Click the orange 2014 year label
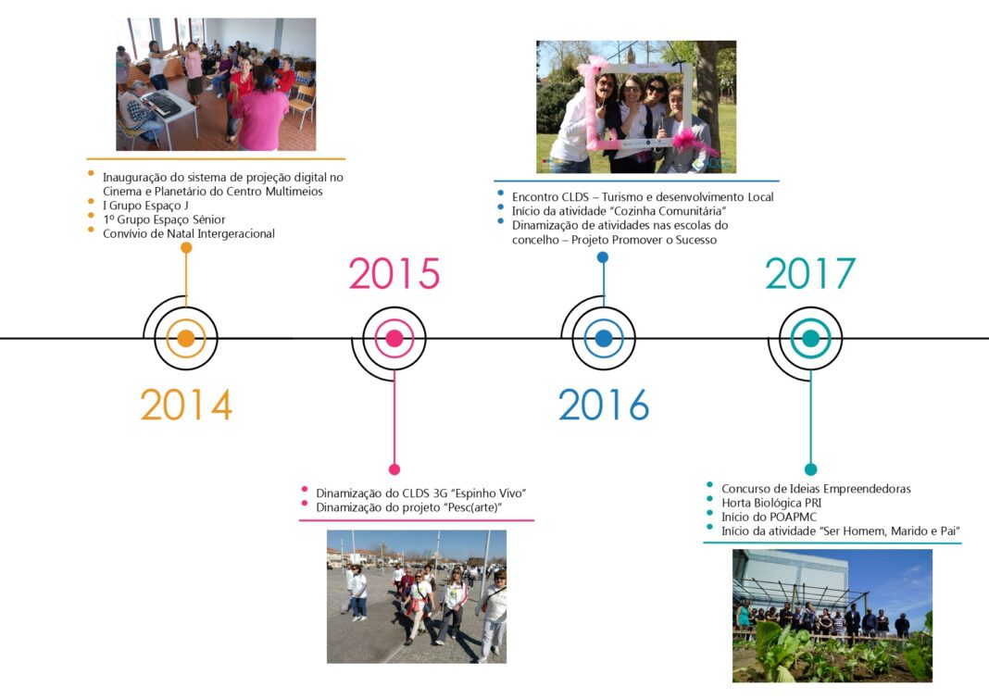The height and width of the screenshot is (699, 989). (x=186, y=405)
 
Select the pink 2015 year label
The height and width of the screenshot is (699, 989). (x=394, y=274)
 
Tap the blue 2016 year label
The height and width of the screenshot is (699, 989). (x=604, y=405)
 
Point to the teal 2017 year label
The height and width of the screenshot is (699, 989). (x=810, y=273)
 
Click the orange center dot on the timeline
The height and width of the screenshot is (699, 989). (x=186, y=339)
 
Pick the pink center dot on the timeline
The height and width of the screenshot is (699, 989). (x=394, y=339)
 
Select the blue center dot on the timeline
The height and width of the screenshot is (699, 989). (x=604, y=339)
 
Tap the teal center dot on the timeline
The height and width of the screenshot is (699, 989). (x=810, y=339)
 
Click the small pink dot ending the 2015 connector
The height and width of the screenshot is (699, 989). (x=394, y=469)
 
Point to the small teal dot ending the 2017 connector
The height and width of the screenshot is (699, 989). (x=811, y=469)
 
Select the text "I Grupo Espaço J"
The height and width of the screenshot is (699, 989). (x=145, y=206)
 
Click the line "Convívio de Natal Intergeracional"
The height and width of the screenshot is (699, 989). (x=189, y=233)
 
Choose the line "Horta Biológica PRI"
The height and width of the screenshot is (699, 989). (x=771, y=503)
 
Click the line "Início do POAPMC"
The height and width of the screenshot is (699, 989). (x=769, y=517)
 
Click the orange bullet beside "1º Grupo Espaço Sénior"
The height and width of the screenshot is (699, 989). (x=91, y=216)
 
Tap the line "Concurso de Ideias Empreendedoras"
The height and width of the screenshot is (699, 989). (x=816, y=489)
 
